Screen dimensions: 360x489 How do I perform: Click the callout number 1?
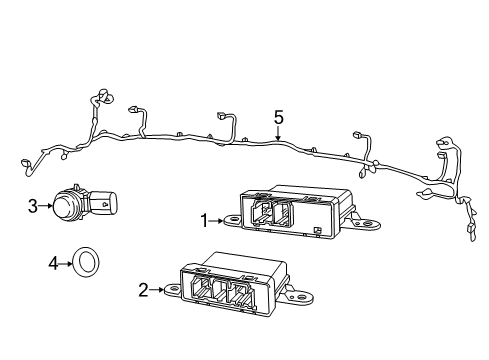(x=205, y=219)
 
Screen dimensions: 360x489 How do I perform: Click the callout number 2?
(x=143, y=290)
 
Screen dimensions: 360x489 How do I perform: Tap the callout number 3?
(x=33, y=206)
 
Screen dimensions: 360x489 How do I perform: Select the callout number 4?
(x=53, y=264)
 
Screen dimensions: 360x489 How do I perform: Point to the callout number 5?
(x=279, y=118)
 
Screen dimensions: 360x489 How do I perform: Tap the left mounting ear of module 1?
(x=232, y=219)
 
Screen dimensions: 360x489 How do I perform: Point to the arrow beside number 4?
(x=65, y=264)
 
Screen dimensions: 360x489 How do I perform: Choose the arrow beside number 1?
(x=217, y=219)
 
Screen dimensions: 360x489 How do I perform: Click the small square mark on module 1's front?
(x=316, y=231)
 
